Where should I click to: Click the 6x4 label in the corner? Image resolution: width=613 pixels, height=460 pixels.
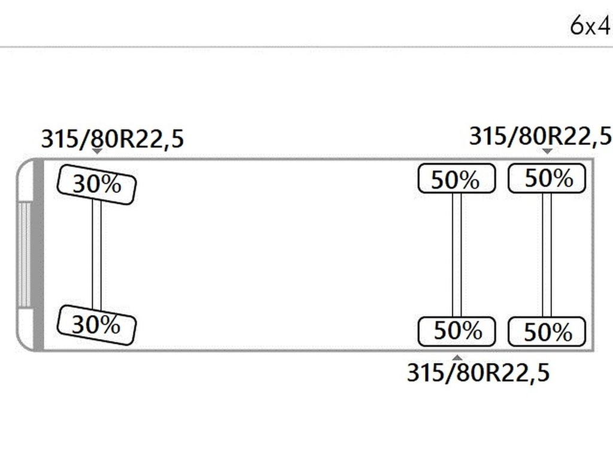coord(590,26)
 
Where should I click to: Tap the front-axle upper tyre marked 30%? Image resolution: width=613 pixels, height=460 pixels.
coord(96,184)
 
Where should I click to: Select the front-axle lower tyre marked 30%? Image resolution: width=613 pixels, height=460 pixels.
coord(96,325)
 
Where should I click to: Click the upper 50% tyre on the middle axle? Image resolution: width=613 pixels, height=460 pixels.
coord(457,178)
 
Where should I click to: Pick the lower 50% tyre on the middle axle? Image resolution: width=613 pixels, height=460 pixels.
coord(457,332)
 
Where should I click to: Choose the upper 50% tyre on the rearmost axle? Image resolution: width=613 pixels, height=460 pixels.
coord(547,178)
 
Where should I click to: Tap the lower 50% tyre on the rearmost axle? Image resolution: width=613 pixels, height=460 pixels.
coord(547,332)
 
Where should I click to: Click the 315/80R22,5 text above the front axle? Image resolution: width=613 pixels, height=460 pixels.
coord(112,139)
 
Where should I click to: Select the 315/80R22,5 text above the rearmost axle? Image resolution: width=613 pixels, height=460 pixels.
coord(541,137)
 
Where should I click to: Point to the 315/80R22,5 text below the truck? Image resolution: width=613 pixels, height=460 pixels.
coord(478,373)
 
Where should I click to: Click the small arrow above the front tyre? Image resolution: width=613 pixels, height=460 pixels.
coord(97,151)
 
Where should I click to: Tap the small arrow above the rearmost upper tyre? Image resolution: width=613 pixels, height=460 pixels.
coord(547,151)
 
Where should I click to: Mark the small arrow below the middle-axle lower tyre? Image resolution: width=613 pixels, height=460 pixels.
coord(457,358)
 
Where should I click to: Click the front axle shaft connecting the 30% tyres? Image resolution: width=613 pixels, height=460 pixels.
coord(96,255)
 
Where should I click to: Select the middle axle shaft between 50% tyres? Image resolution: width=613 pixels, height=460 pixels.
coord(457,255)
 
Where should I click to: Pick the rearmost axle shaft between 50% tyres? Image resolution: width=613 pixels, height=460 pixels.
coord(547,255)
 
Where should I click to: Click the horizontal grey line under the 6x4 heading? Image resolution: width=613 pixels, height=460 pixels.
coord(306,47)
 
